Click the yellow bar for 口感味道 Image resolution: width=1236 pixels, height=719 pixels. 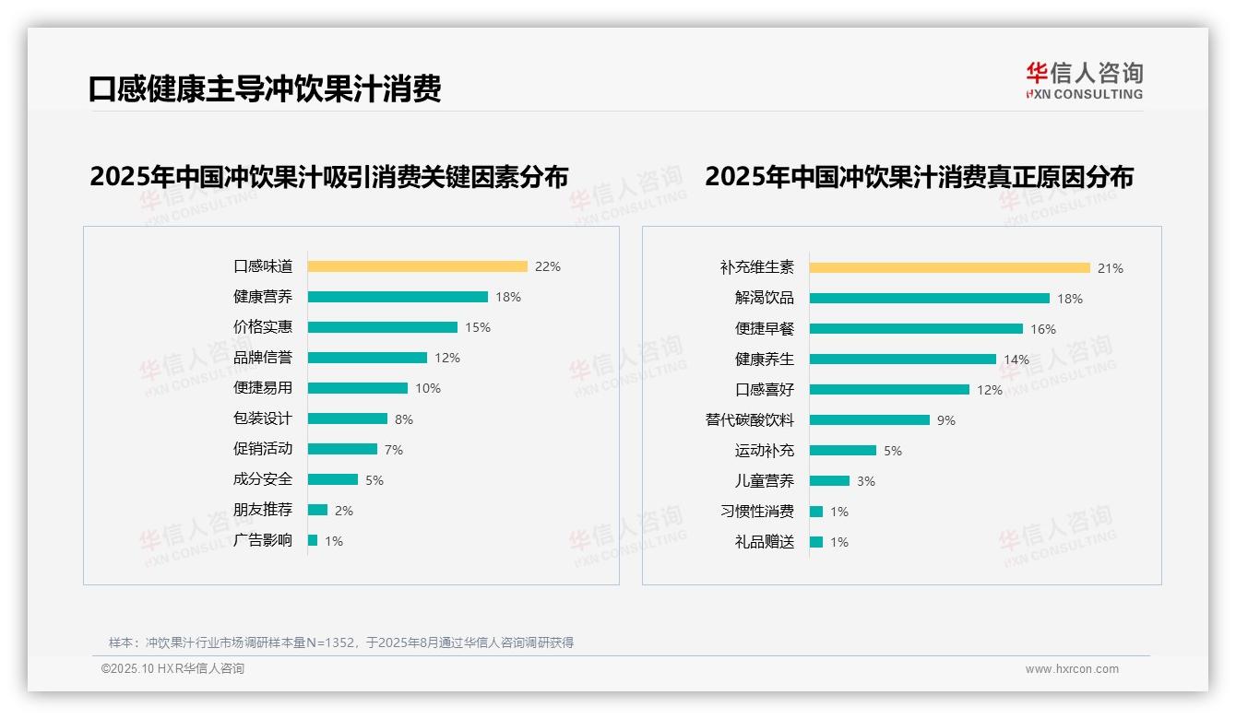(417, 266)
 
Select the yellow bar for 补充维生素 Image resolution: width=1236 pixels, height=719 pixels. (949, 268)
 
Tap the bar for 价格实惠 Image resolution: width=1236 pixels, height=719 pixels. (382, 327)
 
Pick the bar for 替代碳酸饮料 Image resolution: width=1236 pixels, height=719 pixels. (869, 420)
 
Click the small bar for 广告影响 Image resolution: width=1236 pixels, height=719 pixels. (313, 540)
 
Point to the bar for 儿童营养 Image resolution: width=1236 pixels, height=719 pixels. (829, 481)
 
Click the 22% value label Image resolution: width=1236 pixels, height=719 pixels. (547, 266)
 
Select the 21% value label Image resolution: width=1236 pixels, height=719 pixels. (1110, 268)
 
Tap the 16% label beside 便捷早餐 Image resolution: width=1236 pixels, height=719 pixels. (1042, 329)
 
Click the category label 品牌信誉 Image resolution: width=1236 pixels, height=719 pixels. (262, 358)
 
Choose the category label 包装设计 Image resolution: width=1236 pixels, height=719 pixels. (262, 418)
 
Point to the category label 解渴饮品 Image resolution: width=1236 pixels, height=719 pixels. (764, 298)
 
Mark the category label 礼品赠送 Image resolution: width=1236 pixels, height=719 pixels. (764, 542)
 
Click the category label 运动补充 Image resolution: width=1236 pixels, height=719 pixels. (764, 451)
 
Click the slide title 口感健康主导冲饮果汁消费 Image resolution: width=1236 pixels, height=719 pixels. (265, 88)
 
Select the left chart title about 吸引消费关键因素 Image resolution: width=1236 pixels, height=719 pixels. (328, 176)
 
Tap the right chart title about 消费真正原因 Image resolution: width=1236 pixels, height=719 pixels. (919, 176)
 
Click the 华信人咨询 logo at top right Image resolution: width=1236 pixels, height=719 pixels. (1084, 81)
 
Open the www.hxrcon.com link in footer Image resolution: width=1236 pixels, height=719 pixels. (1071, 669)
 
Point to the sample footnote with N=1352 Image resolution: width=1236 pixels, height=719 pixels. (340, 642)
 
